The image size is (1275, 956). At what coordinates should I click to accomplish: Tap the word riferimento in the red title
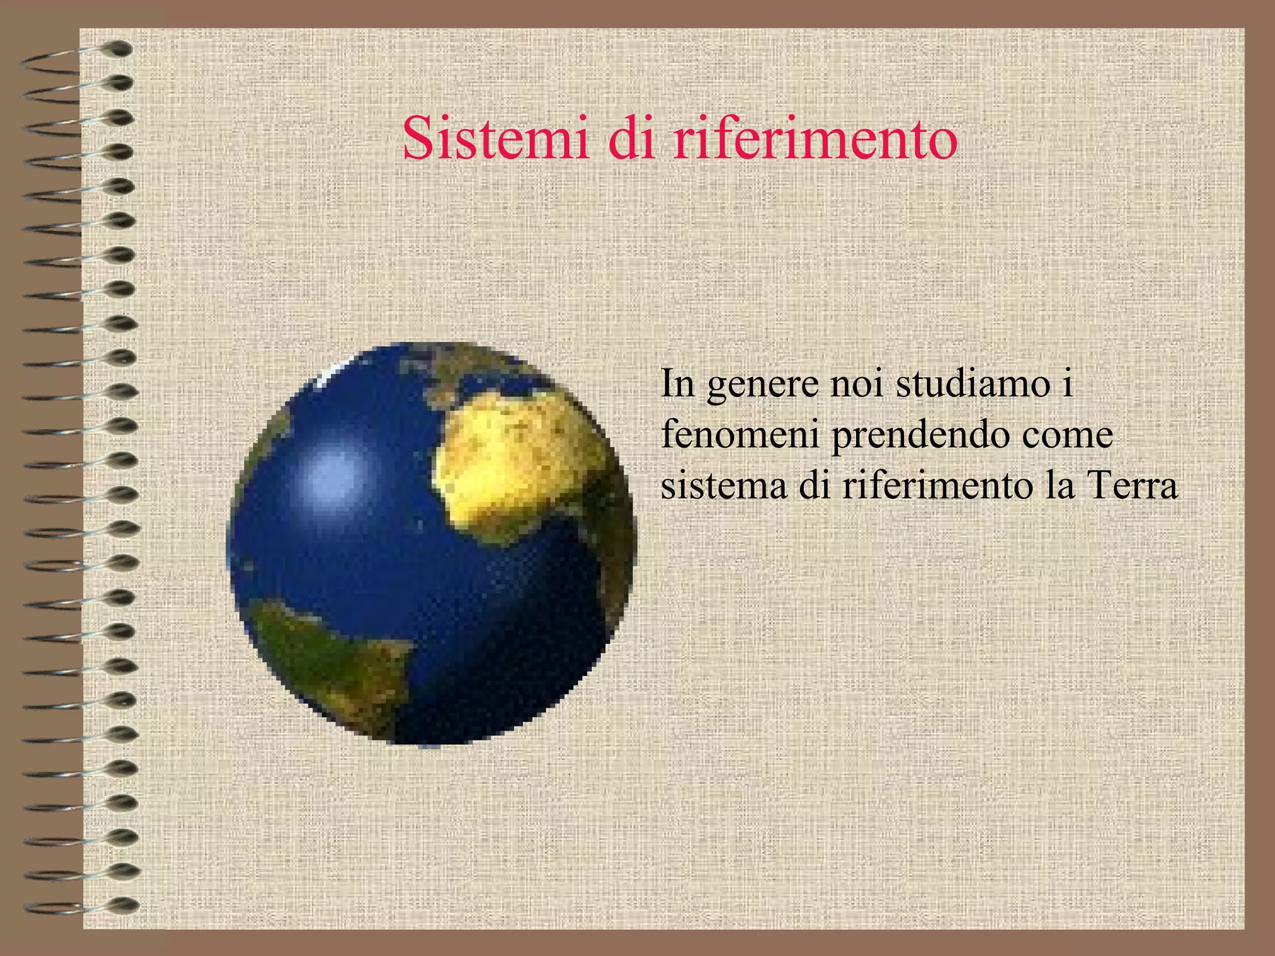[815, 138]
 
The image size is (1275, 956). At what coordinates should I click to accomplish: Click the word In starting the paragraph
[677, 383]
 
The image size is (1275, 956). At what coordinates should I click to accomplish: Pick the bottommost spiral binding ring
[81, 906]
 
